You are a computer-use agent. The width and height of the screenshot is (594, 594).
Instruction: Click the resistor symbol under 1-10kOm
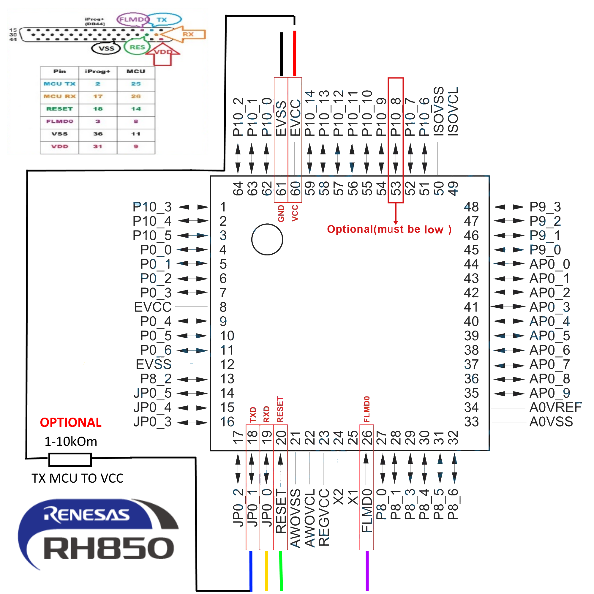(70, 460)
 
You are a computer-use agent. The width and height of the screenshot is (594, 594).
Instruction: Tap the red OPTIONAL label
(71, 422)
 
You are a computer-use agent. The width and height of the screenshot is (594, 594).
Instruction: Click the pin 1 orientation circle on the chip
(267, 239)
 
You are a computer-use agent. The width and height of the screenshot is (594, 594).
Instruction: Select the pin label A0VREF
(555, 407)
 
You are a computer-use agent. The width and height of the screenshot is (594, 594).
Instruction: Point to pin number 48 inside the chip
(471, 207)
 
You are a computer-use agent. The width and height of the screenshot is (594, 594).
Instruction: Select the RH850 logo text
(109, 548)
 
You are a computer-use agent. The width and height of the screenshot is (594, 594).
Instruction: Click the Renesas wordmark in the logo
(87, 515)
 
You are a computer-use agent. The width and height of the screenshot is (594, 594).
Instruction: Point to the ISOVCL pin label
(453, 111)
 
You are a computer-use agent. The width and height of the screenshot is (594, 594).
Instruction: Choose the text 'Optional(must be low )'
(389, 229)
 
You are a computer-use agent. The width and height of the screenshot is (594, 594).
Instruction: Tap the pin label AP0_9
(549, 393)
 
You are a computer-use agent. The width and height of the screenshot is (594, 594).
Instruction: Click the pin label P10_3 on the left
(152, 207)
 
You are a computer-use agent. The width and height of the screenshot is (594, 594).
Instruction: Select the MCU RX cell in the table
(59, 96)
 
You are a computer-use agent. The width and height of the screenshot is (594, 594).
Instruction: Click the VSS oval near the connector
(106, 48)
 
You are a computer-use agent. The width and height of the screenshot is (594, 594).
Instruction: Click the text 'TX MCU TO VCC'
(78, 478)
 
